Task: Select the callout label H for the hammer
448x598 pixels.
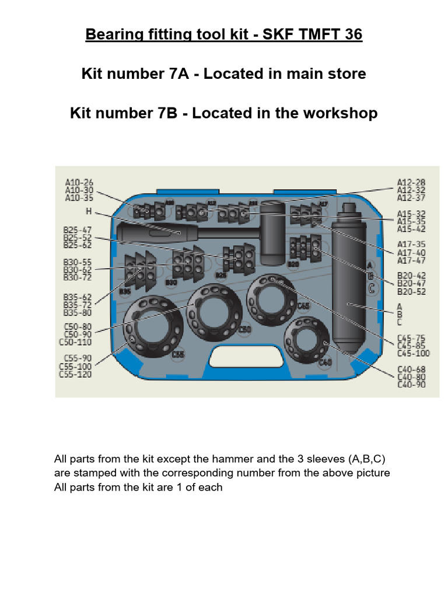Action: (88, 211)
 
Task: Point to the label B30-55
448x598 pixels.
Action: (78, 262)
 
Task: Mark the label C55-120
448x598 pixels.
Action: (76, 374)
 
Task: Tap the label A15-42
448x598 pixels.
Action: (411, 230)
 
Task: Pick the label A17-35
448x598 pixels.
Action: (411, 244)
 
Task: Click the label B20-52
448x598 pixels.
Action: (411, 291)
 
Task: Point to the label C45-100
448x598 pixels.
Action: (413, 353)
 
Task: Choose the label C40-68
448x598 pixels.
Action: (411, 369)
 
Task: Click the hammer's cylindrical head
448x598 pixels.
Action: (271, 234)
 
